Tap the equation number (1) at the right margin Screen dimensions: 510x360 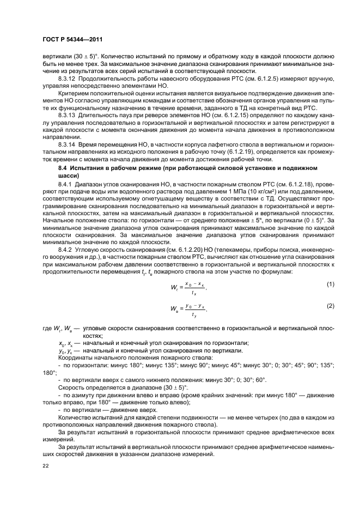tap(330, 284)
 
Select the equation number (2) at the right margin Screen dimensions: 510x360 tap(330, 306)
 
